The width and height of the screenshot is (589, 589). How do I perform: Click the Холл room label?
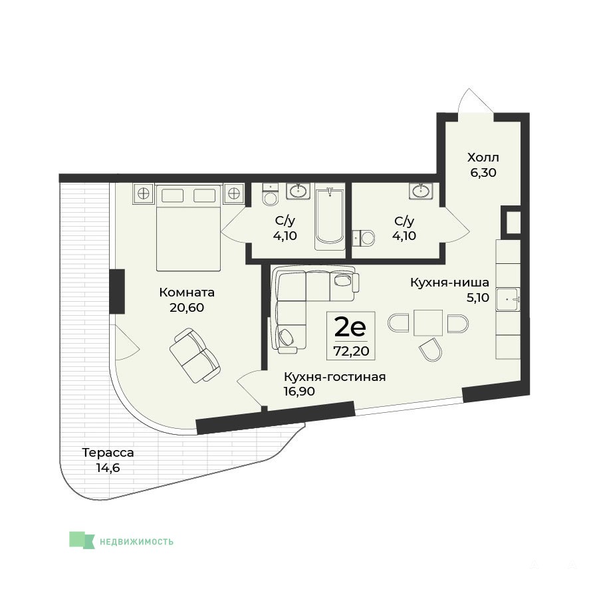tap(483, 157)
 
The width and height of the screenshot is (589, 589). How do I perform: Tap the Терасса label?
tap(108, 453)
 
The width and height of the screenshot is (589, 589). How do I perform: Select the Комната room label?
tap(187, 293)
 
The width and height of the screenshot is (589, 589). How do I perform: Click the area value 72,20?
tap(351, 351)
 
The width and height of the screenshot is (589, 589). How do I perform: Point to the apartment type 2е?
tap(350, 327)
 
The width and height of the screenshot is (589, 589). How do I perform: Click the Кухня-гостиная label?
tap(334, 376)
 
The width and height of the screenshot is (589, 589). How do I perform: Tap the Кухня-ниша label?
tap(449, 282)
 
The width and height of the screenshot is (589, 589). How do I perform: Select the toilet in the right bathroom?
tap(363, 238)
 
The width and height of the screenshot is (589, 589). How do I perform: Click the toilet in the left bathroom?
tap(270, 194)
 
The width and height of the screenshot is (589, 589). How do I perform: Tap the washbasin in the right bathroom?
tap(421, 191)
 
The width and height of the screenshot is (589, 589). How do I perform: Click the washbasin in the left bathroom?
tap(298, 191)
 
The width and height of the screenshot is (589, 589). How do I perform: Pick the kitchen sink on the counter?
tap(508, 299)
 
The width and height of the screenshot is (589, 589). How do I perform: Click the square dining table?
tap(428, 322)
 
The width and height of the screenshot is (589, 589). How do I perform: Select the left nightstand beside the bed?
tap(144, 194)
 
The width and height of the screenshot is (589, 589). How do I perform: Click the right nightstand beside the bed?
tap(233, 194)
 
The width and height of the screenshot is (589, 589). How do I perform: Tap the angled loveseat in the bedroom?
tap(195, 356)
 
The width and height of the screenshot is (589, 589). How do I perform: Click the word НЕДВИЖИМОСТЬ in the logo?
tap(136, 542)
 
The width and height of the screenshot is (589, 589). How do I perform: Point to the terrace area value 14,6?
tap(108, 468)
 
